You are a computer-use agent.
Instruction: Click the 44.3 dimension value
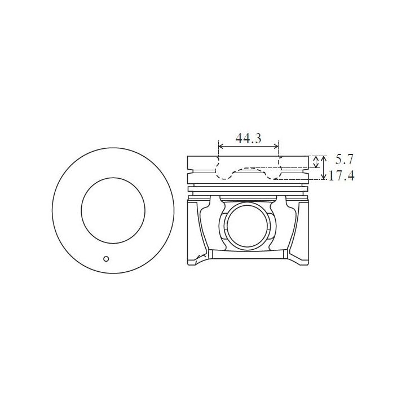point(248,138)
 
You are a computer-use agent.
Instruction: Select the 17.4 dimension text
point(341,176)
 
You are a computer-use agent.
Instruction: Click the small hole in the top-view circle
point(105,259)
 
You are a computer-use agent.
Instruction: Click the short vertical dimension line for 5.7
point(316,162)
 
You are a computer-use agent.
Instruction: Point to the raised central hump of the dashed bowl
point(248,168)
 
